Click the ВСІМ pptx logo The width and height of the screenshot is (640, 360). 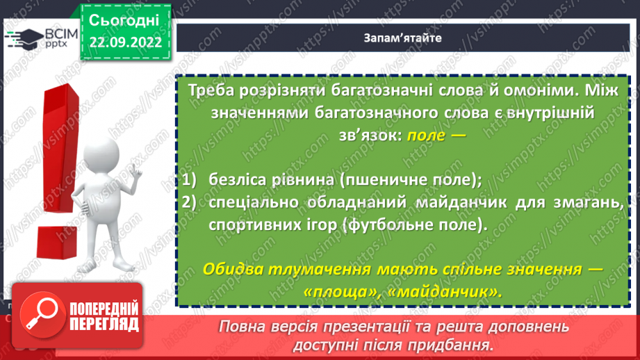pos(41,40)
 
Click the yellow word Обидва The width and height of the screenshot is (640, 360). pos(234,269)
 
